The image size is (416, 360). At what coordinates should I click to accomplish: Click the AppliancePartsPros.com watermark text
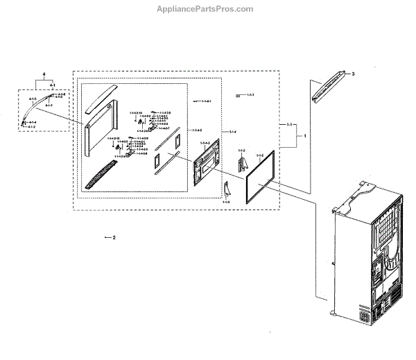tap(208, 9)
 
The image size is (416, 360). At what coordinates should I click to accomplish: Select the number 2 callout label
tap(114, 237)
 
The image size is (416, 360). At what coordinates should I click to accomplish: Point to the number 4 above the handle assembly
tap(43, 74)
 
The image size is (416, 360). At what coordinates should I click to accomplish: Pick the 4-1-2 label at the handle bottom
tap(31, 127)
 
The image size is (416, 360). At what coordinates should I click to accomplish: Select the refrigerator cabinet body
tap(367, 250)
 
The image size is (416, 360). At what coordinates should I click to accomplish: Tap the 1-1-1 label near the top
tap(250, 94)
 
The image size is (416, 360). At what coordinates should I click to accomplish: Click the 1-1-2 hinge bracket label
tap(241, 151)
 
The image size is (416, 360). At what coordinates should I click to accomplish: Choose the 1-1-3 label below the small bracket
tap(226, 200)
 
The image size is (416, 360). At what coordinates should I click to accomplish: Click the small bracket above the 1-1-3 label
tap(227, 188)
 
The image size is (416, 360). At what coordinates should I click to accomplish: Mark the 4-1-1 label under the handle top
tap(49, 105)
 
